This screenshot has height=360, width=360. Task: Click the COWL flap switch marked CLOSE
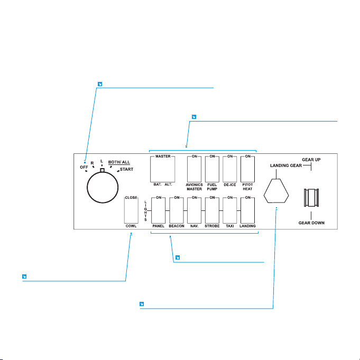tap(131, 210)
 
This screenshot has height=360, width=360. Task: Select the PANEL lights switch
tap(159, 210)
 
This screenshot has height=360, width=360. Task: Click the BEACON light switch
tap(177, 210)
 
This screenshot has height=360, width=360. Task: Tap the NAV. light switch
tap(195, 210)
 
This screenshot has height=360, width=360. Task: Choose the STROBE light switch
tap(213, 210)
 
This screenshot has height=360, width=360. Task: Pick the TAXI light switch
tap(230, 210)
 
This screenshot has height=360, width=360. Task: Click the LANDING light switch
tap(247, 210)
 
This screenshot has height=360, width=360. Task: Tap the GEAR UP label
tap(311, 159)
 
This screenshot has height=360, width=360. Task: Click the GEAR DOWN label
tap(311, 223)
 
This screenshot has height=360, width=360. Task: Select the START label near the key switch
tap(126, 169)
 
